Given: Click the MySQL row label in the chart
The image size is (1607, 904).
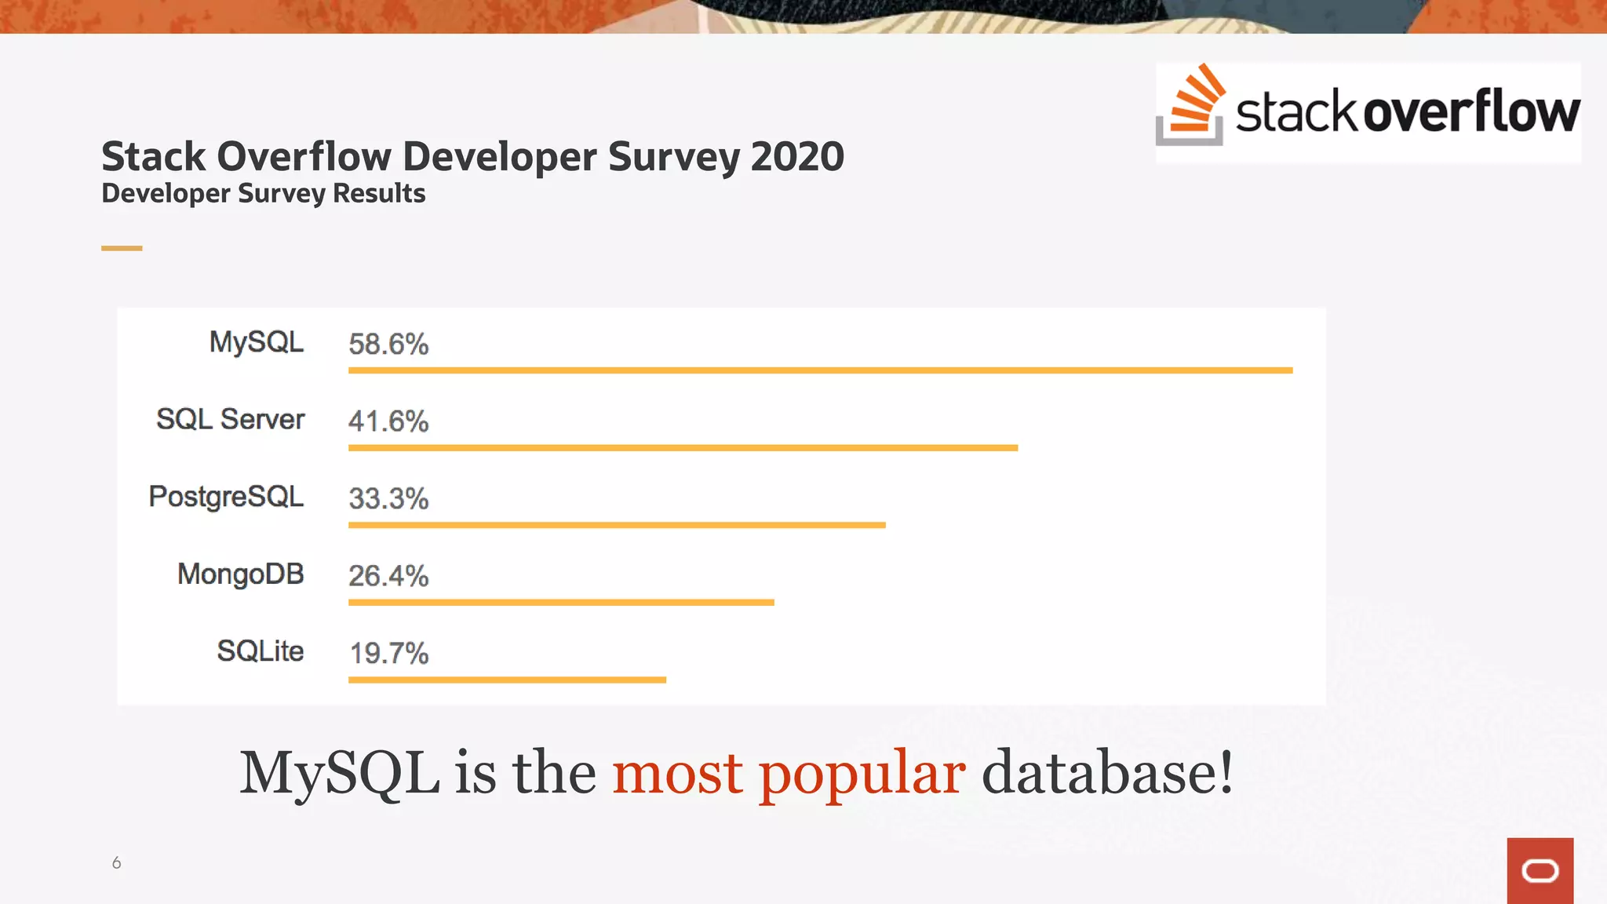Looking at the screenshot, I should click(256, 342).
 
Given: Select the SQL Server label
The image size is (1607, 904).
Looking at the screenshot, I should click(230, 419).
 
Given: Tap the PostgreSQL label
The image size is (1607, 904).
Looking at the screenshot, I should click(226, 497).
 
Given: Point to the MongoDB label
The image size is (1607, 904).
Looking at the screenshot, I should click(240, 574).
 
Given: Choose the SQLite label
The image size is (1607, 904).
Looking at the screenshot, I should click(260, 651).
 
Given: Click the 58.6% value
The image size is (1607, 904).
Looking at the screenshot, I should click(388, 344).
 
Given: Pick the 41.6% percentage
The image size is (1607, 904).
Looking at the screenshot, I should click(388, 421).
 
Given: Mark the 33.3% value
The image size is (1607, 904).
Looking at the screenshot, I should click(388, 498).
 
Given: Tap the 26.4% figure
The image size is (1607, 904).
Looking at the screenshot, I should click(388, 576).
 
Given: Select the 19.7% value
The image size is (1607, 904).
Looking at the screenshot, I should click(388, 653).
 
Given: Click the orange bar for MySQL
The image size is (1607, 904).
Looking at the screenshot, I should click(820, 370).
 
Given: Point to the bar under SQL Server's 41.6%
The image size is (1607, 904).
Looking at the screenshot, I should click(683, 447).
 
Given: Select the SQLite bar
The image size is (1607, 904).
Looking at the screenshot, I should click(507, 680).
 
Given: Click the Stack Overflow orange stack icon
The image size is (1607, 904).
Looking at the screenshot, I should click(1190, 106).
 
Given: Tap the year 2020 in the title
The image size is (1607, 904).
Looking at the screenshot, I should click(797, 156).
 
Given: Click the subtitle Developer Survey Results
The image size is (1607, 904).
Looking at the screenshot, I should click(264, 193).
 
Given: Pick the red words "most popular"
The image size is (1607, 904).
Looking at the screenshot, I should click(789, 773).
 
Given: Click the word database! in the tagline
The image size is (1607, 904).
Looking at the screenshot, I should click(1107, 773).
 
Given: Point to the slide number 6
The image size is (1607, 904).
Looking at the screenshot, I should click(116, 862).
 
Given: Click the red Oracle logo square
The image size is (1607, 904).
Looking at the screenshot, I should click(1540, 870).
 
